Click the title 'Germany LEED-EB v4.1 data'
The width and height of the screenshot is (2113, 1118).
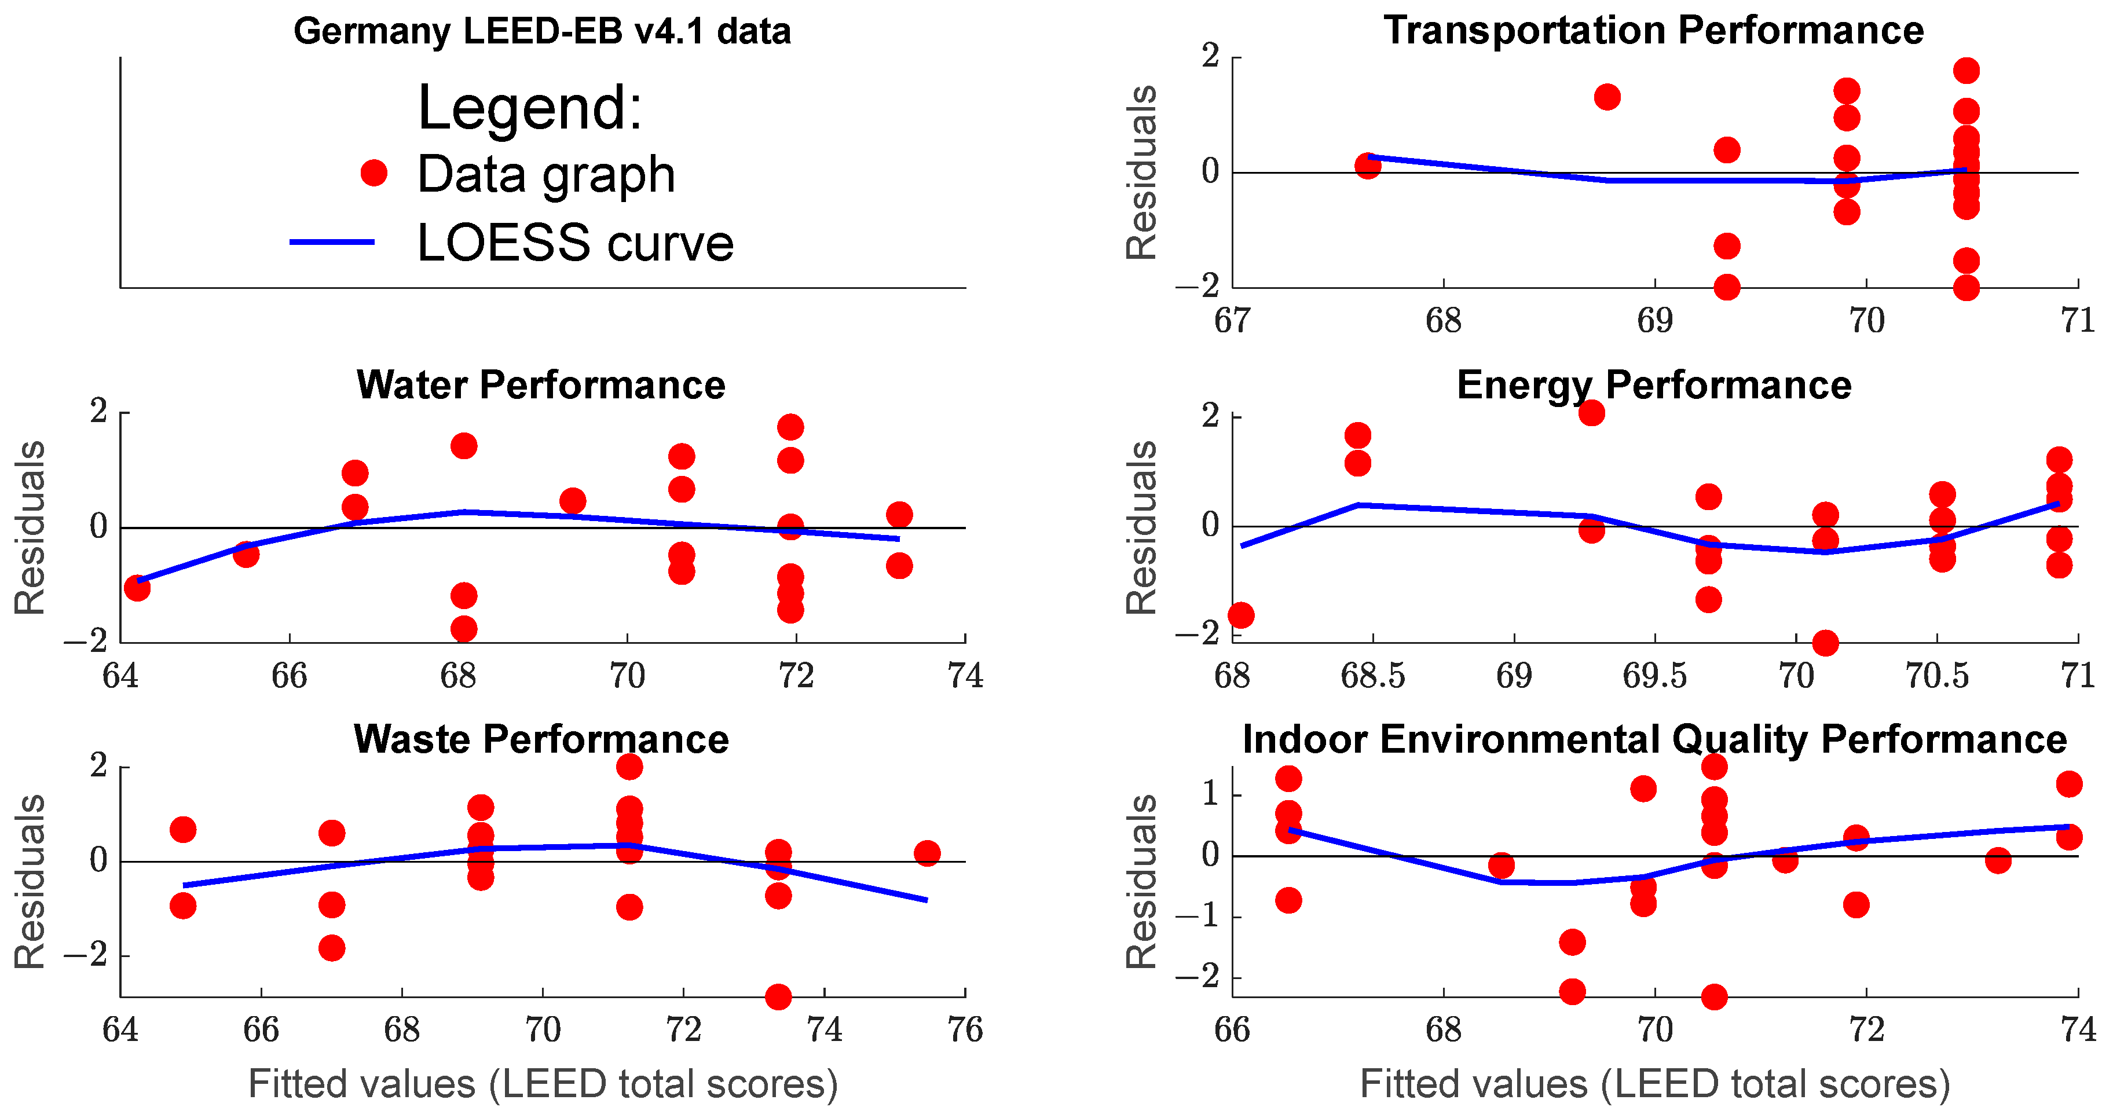541,31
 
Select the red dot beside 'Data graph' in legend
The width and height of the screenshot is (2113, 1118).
374,173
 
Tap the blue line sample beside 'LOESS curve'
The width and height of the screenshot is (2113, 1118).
332,242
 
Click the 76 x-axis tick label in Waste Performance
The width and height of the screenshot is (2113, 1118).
965,1030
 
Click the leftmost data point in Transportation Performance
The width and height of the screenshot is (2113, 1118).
1367,166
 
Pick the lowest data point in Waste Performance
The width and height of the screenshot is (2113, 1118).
778,996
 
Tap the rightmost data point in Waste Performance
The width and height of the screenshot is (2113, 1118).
927,853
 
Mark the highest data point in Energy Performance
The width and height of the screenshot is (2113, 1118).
1591,413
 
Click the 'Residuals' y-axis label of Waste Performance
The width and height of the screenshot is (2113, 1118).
30,882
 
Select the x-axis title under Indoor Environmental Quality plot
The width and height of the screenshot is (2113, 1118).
1654,1083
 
